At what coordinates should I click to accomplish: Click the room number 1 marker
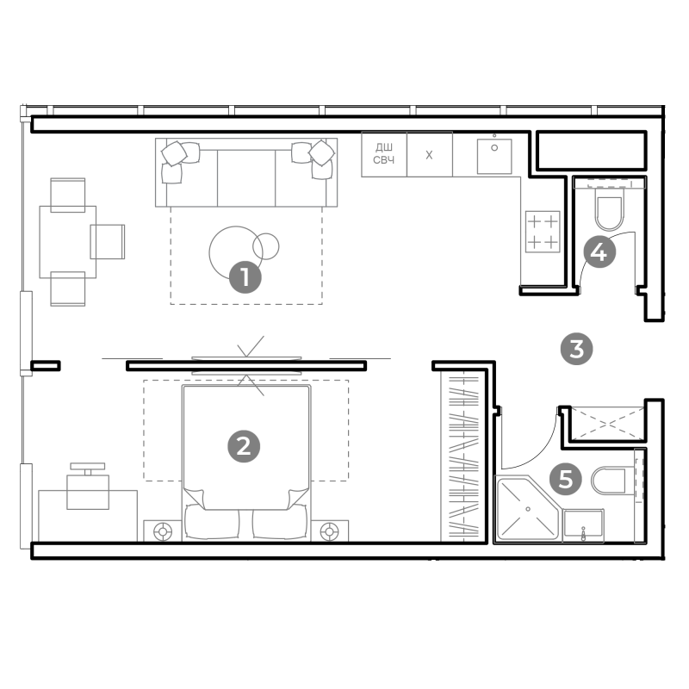tap(245, 277)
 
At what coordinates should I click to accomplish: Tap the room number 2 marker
tap(244, 446)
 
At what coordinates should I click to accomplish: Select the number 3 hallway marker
tap(576, 349)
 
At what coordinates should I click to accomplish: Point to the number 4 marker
tap(599, 251)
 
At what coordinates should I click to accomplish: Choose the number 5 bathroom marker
tap(566, 479)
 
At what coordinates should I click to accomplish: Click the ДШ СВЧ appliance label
tap(383, 153)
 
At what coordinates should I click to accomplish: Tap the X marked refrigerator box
tap(429, 154)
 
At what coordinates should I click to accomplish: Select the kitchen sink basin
tap(494, 157)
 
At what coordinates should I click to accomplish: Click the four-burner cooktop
tap(543, 232)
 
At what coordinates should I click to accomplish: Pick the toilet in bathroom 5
tap(608, 481)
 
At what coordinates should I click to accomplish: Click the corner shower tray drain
tap(528, 509)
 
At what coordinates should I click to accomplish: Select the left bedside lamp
tap(163, 531)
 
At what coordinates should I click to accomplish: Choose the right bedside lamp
tap(330, 531)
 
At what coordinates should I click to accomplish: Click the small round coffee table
tap(266, 246)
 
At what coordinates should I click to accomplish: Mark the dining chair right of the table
tap(107, 241)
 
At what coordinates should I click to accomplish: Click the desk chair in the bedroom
tap(88, 487)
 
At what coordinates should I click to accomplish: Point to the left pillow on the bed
tap(211, 522)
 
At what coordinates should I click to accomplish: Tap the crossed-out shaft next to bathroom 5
tap(607, 424)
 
